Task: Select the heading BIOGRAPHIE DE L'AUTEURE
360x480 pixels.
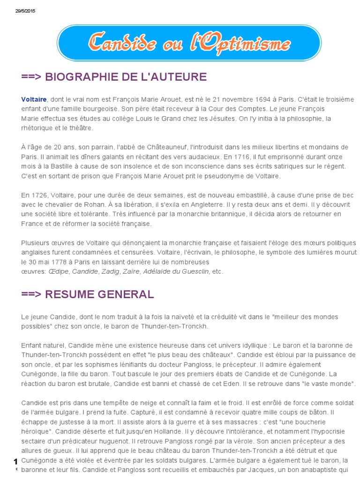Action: click(x=114, y=77)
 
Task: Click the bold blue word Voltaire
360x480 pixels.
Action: click(x=34, y=99)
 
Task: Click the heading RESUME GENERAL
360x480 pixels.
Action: click(x=88, y=294)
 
